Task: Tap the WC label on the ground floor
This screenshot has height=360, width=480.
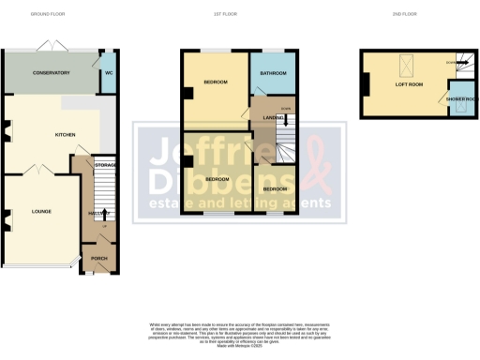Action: [109, 72]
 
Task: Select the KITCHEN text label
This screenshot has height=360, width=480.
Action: [65, 134]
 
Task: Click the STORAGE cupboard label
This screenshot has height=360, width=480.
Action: [105, 165]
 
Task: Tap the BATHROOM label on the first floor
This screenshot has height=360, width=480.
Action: [272, 73]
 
